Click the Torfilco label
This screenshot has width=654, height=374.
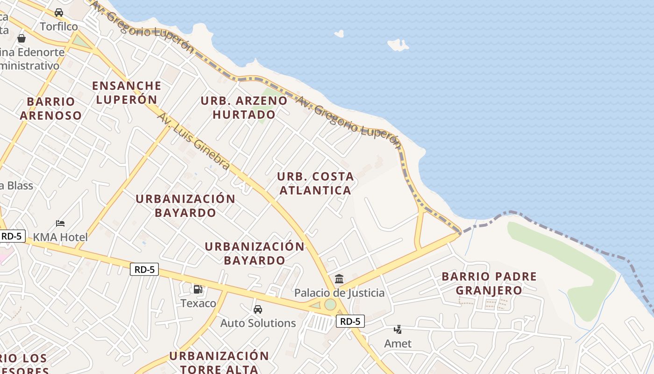(59, 27)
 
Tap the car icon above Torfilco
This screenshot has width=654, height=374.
(59, 13)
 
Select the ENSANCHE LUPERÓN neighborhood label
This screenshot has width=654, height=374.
(127, 93)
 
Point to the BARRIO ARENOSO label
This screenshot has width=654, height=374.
(51, 108)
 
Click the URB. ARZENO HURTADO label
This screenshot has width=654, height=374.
(244, 108)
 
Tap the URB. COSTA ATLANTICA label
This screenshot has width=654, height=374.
(315, 183)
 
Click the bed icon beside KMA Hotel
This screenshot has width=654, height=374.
(60, 223)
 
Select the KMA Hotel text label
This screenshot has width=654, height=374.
(61, 237)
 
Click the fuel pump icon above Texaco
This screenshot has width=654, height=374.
(198, 289)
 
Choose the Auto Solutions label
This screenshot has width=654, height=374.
(258, 323)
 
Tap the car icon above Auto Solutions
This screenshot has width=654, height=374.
(258, 309)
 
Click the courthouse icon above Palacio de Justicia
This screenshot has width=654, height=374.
(339, 279)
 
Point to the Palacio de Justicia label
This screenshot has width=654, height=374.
(339, 293)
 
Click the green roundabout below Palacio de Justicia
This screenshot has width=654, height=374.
(330, 304)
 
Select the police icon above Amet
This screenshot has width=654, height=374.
(398, 330)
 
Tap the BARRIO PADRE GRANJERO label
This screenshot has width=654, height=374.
(489, 283)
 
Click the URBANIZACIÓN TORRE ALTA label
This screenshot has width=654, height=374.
(219, 362)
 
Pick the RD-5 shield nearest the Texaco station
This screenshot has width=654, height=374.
(144, 269)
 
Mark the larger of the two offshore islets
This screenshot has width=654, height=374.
(398, 45)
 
